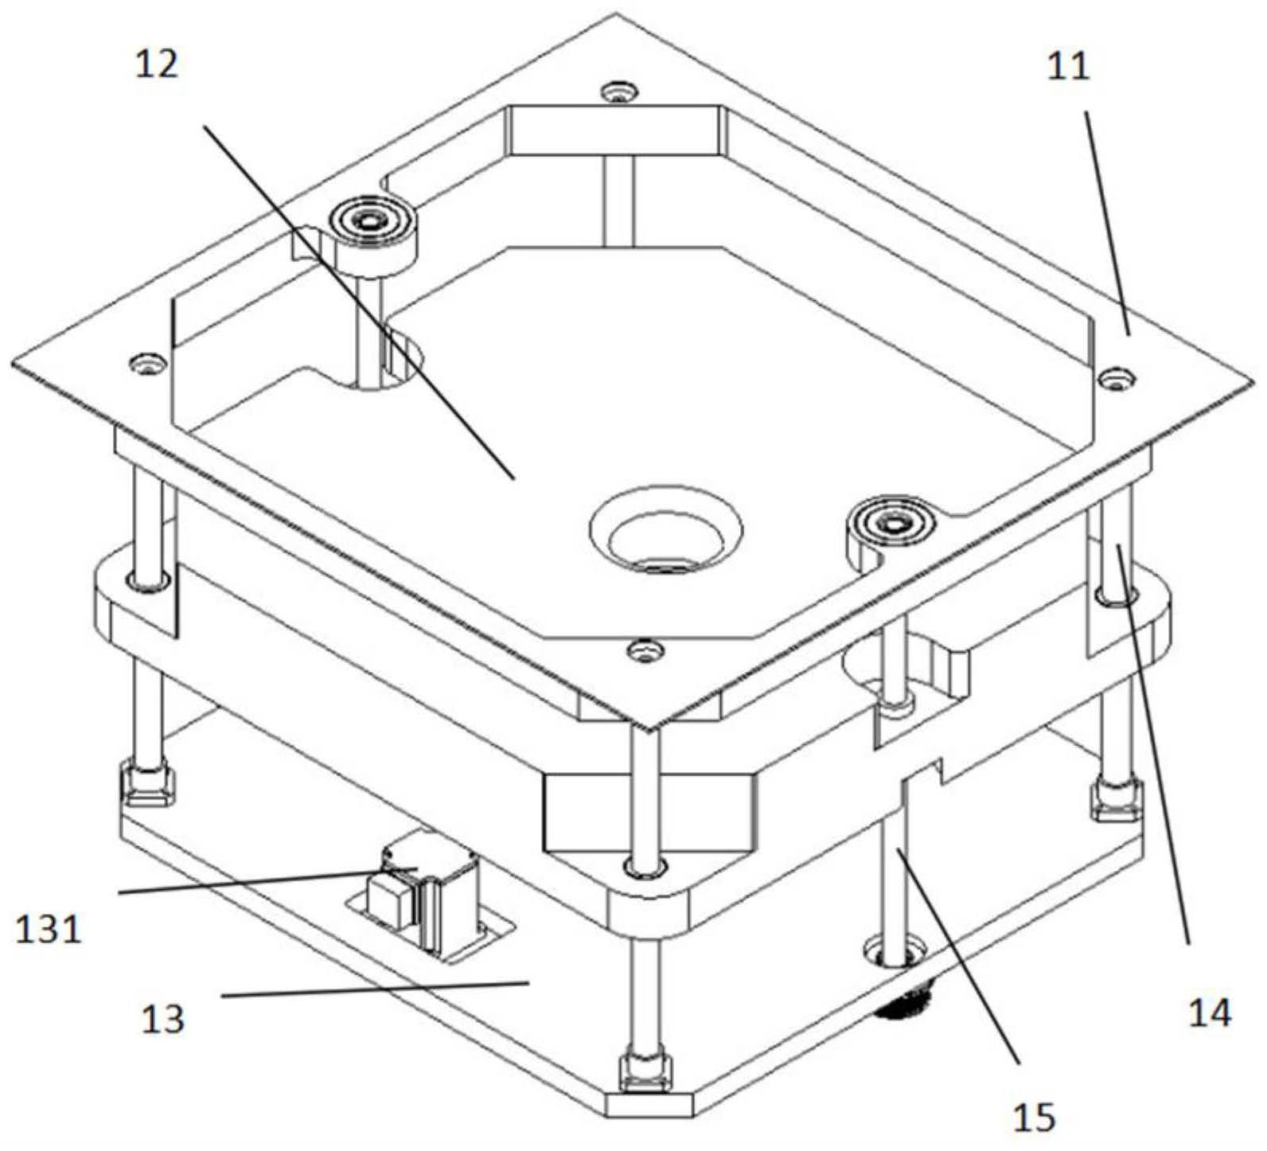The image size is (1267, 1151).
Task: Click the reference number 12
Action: pyautogui.click(x=157, y=64)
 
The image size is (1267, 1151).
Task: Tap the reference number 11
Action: pyautogui.click(x=1068, y=66)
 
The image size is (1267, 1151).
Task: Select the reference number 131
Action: pyautogui.click(x=49, y=928)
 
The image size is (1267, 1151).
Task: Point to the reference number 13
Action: pyautogui.click(x=162, y=1018)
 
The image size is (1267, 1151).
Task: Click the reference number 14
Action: pyautogui.click(x=1209, y=1012)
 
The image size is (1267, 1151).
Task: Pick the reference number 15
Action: pyautogui.click(x=1034, y=1117)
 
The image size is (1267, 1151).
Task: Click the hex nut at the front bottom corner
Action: pyautogui.click(x=645, y=1072)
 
